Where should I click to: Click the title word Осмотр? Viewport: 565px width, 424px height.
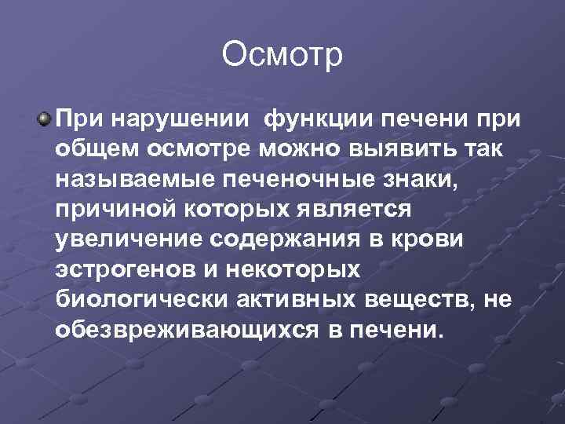(282, 56)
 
